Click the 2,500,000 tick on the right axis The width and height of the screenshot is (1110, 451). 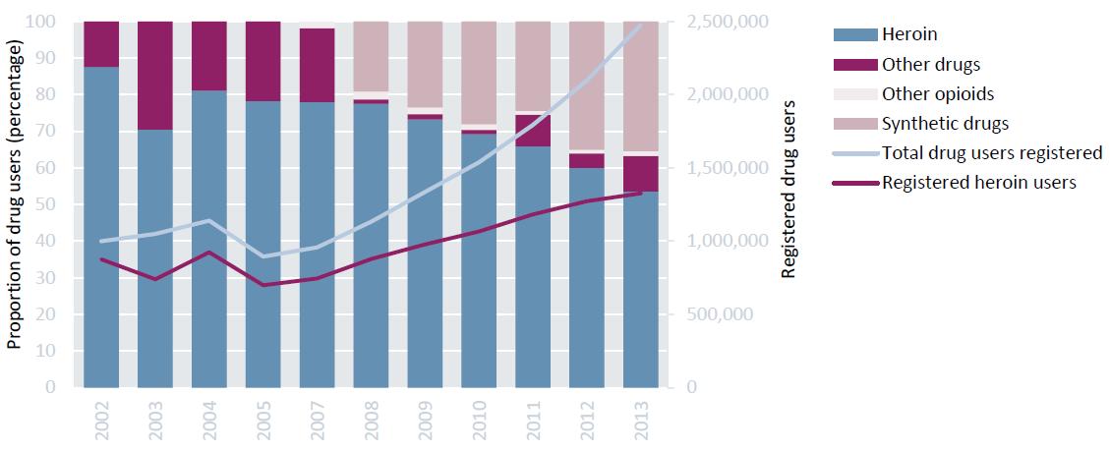720,22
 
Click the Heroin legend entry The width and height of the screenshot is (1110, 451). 909,34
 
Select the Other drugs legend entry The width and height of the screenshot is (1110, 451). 931,64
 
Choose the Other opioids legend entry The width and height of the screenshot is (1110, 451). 938,94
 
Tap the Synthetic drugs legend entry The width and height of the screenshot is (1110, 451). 945,124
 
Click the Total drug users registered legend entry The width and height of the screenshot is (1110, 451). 992,152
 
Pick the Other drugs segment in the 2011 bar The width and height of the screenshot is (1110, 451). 533,131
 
